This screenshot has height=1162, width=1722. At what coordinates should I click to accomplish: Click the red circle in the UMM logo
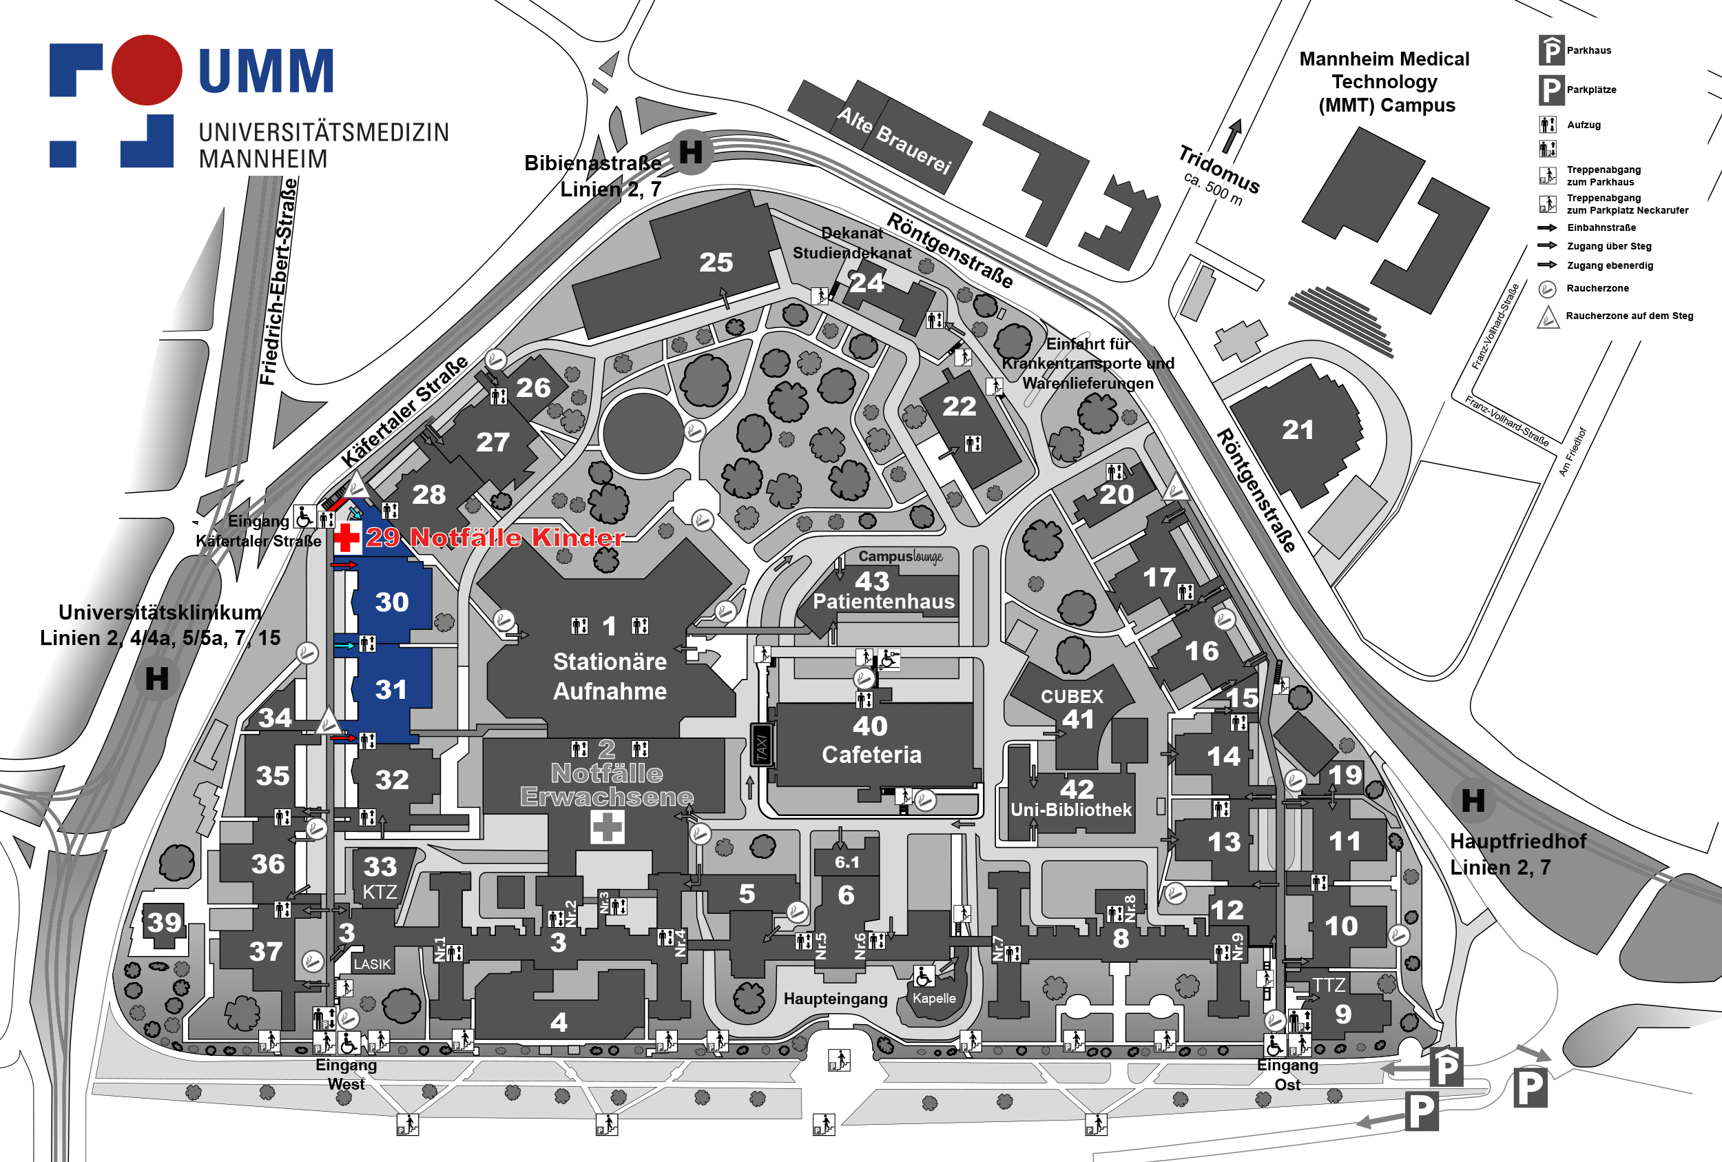[x=147, y=70]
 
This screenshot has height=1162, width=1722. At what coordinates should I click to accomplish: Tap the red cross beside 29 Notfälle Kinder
[x=346, y=538]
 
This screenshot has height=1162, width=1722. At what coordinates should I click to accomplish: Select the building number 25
[x=716, y=263]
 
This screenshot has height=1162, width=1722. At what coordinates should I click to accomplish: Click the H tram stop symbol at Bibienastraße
[x=691, y=152]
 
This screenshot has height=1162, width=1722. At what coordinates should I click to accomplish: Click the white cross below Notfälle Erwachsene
[x=608, y=827]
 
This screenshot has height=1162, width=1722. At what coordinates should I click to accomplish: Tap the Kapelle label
[x=934, y=998]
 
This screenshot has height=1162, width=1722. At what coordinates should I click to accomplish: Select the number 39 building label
[x=164, y=923]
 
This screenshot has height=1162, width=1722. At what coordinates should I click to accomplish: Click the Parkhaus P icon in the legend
[x=1551, y=50]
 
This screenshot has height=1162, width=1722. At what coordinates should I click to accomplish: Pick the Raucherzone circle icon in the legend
[x=1547, y=289]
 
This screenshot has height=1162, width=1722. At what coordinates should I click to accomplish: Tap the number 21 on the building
[x=1298, y=430]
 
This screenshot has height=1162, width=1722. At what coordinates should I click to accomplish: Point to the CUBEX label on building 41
[x=1072, y=697]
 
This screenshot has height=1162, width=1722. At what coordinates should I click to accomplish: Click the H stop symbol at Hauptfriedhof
[x=1473, y=800]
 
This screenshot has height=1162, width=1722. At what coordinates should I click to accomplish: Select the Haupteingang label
[x=836, y=999]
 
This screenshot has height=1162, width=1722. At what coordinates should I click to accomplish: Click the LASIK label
[x=372, y=964]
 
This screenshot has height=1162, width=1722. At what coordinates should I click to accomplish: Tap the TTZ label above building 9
[x=1329, y=985]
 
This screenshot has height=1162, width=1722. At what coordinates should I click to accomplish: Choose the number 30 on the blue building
[x=392, y=602]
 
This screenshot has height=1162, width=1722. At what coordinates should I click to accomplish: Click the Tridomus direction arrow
[x=1232, y=136]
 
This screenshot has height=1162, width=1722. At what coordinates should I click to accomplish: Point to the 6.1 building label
[x=847, y=862]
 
